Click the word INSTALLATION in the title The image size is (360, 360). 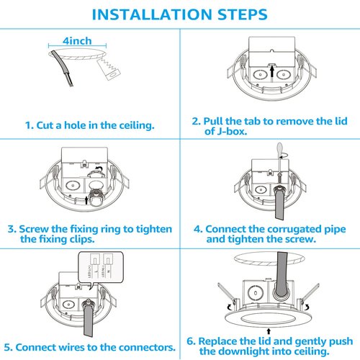[x=152, y=14]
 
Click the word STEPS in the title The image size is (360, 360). [x=243, y=14]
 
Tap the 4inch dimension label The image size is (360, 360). [x=77, y=41]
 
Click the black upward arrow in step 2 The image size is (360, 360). [x=272, y=71]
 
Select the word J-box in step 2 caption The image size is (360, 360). [x=232, y=131]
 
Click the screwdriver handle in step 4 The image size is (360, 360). [x=279, y=149]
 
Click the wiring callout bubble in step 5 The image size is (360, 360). [x=101, y=269]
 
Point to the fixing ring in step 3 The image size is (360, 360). [x=96, y=197]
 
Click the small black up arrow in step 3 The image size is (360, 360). [x=86, y=200]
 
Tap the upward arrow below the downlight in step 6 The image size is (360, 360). [x=269, y=331]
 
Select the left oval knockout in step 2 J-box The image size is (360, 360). [x=261, y=74]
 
